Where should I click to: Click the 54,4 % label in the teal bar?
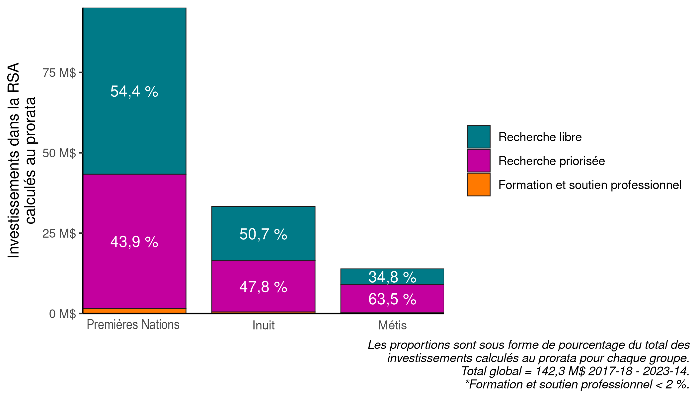coord(134,91)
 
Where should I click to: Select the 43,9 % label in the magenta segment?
coord(134,242)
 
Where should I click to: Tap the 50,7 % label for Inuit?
coord(263,234)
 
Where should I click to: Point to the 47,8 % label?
coord(263,287)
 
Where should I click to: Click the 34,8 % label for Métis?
coord(392,277)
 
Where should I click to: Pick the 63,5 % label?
coord(392,299)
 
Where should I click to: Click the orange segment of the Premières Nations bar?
coord(134,311)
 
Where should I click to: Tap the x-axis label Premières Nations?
coord(133,325)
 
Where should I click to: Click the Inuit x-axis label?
coord(263,325)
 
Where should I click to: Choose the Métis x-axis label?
coord(392,325)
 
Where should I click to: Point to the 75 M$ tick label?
coord(59,72)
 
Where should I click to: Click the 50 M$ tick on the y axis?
coord(59,153)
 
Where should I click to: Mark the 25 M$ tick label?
coord(59,233)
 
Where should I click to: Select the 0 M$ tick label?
coord(62,314)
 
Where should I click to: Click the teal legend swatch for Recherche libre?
coord(479,137)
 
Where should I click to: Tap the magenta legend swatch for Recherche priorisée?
coord(479,161)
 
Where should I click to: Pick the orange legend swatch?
coord(479,185)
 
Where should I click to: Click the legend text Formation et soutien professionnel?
coord(590,185)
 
